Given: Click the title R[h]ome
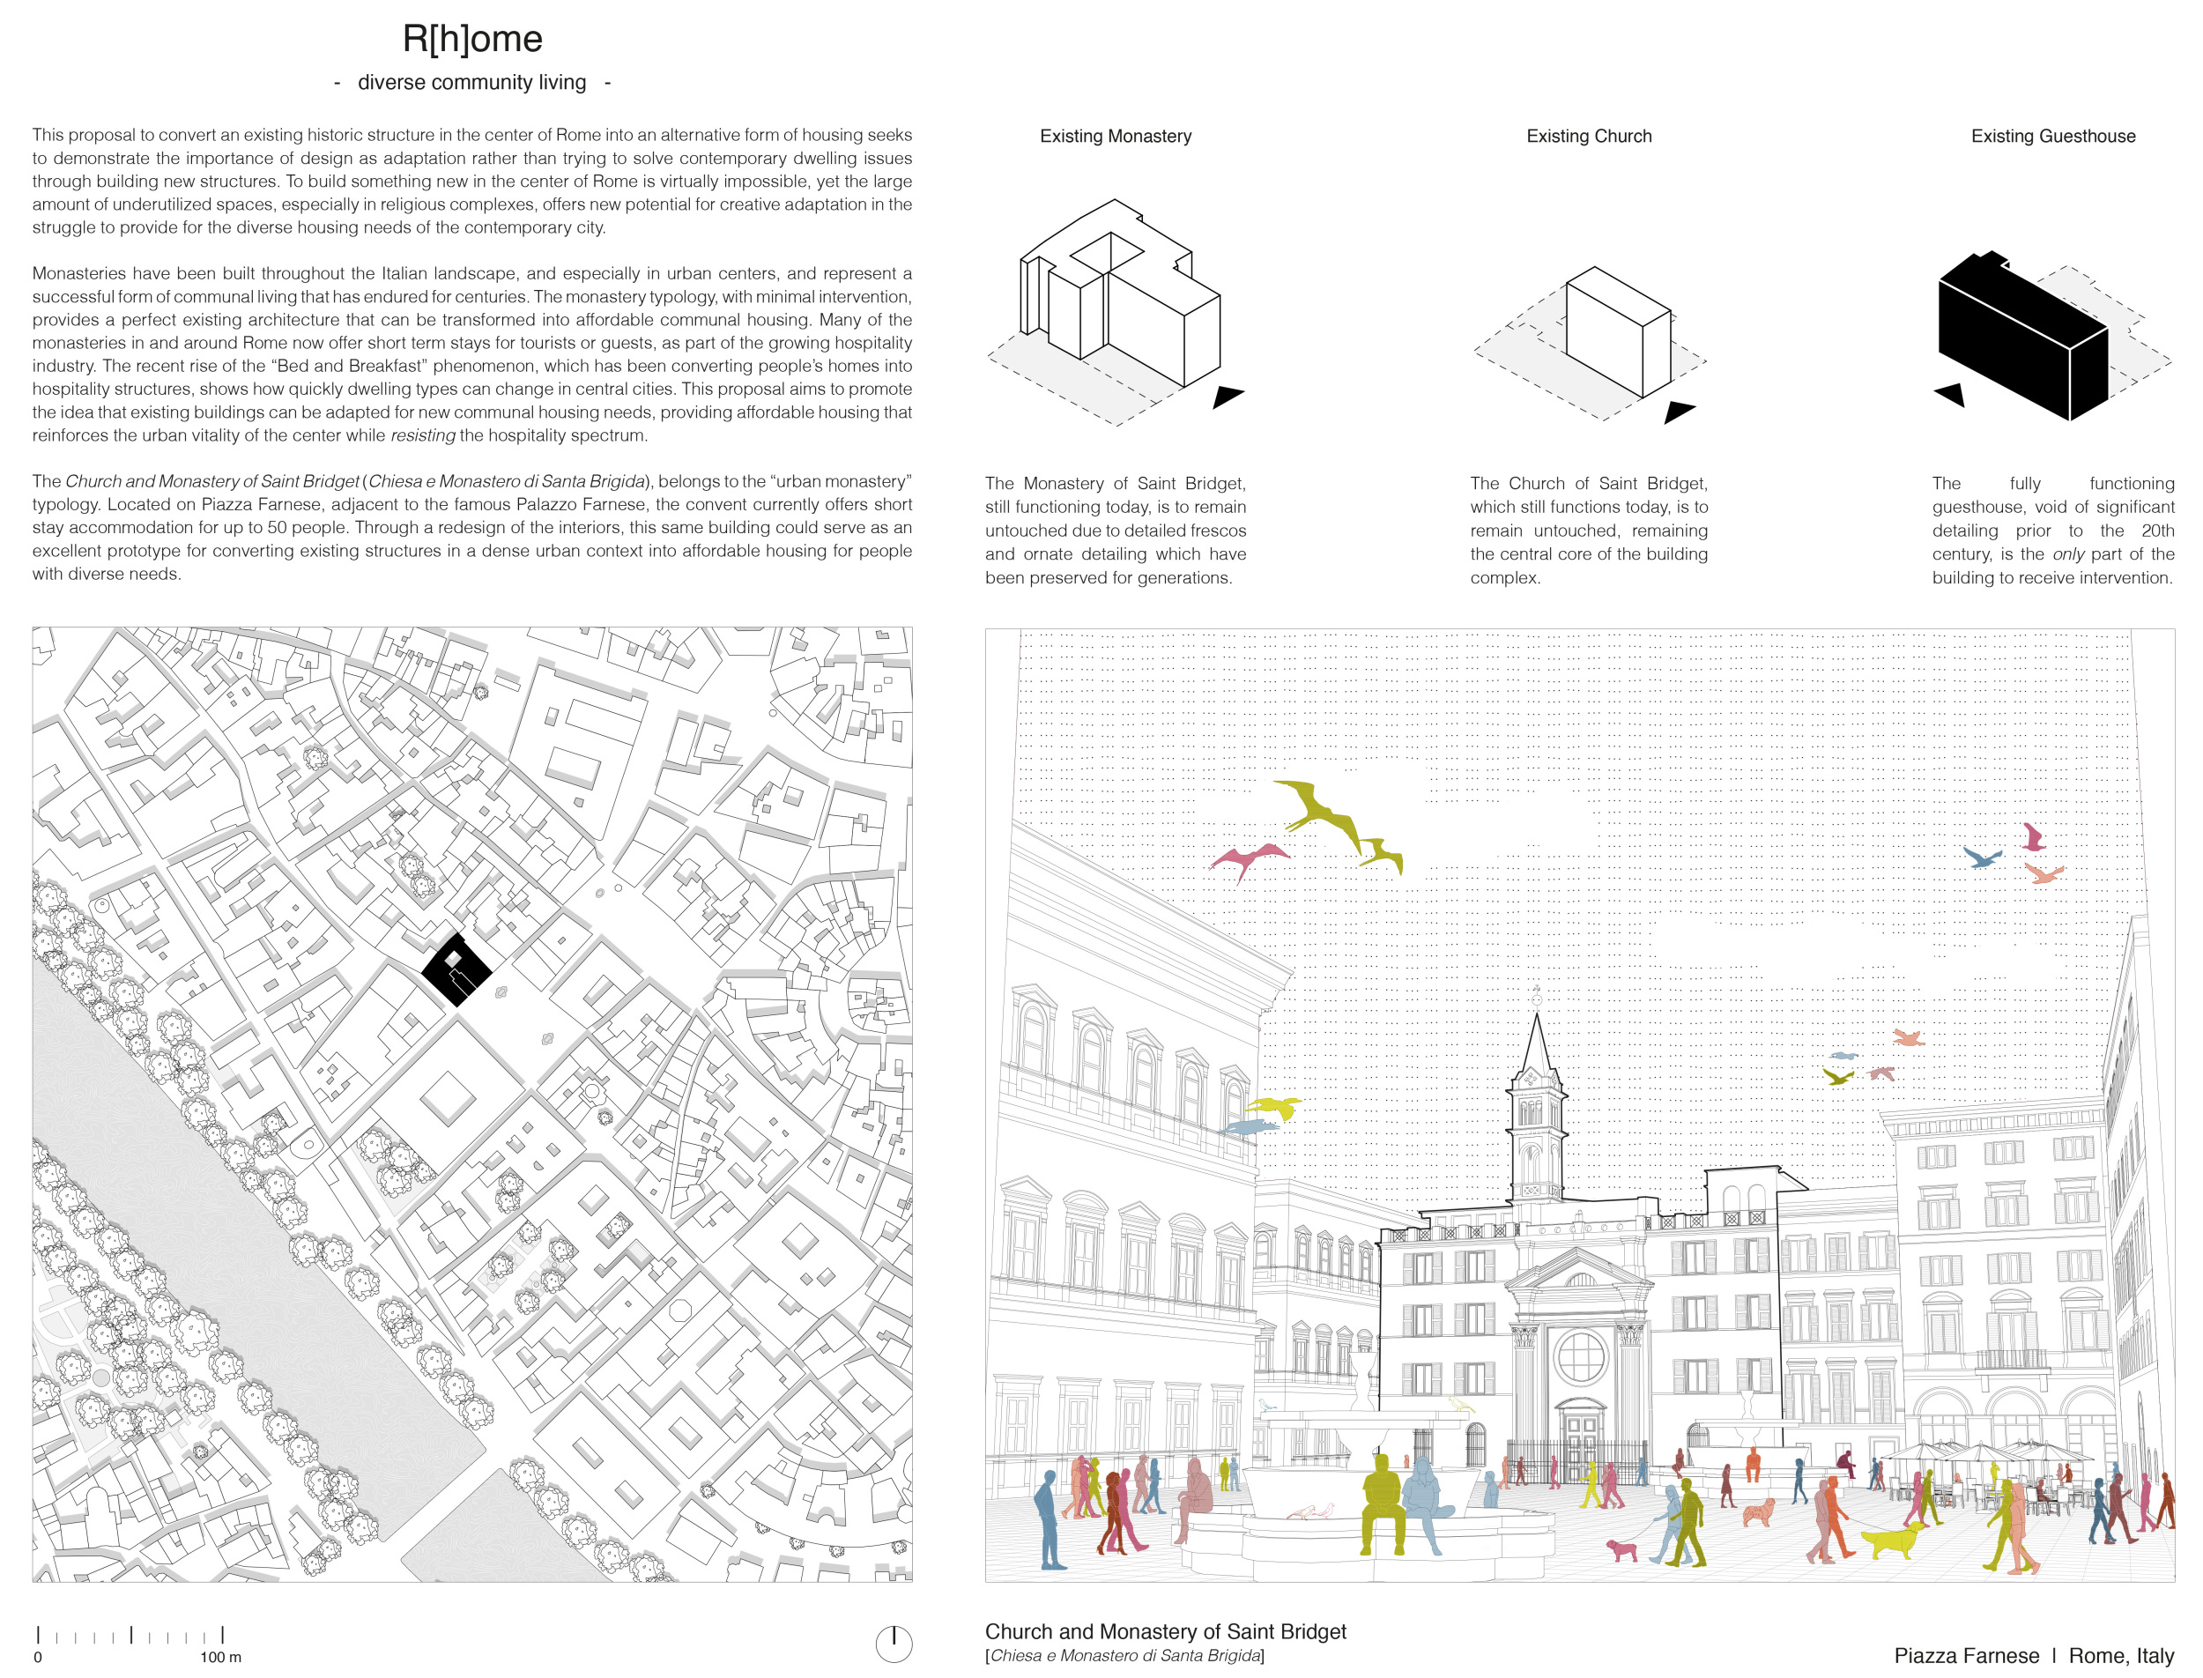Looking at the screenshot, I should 471,39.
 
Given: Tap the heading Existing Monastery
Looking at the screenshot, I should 1115,136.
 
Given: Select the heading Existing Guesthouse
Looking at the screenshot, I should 2052,136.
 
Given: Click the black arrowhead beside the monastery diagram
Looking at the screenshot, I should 1227,396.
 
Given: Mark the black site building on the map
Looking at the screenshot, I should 456,969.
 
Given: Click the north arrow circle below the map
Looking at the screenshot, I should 893,1643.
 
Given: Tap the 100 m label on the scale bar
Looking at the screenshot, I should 220,1657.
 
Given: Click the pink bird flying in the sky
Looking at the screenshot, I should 1249,858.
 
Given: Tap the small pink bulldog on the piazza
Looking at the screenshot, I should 1621,1549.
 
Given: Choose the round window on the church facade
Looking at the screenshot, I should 1581,1357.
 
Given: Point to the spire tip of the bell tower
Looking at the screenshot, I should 1536,1017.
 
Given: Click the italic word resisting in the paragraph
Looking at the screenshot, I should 422,435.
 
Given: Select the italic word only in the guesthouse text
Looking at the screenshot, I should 2067,554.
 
